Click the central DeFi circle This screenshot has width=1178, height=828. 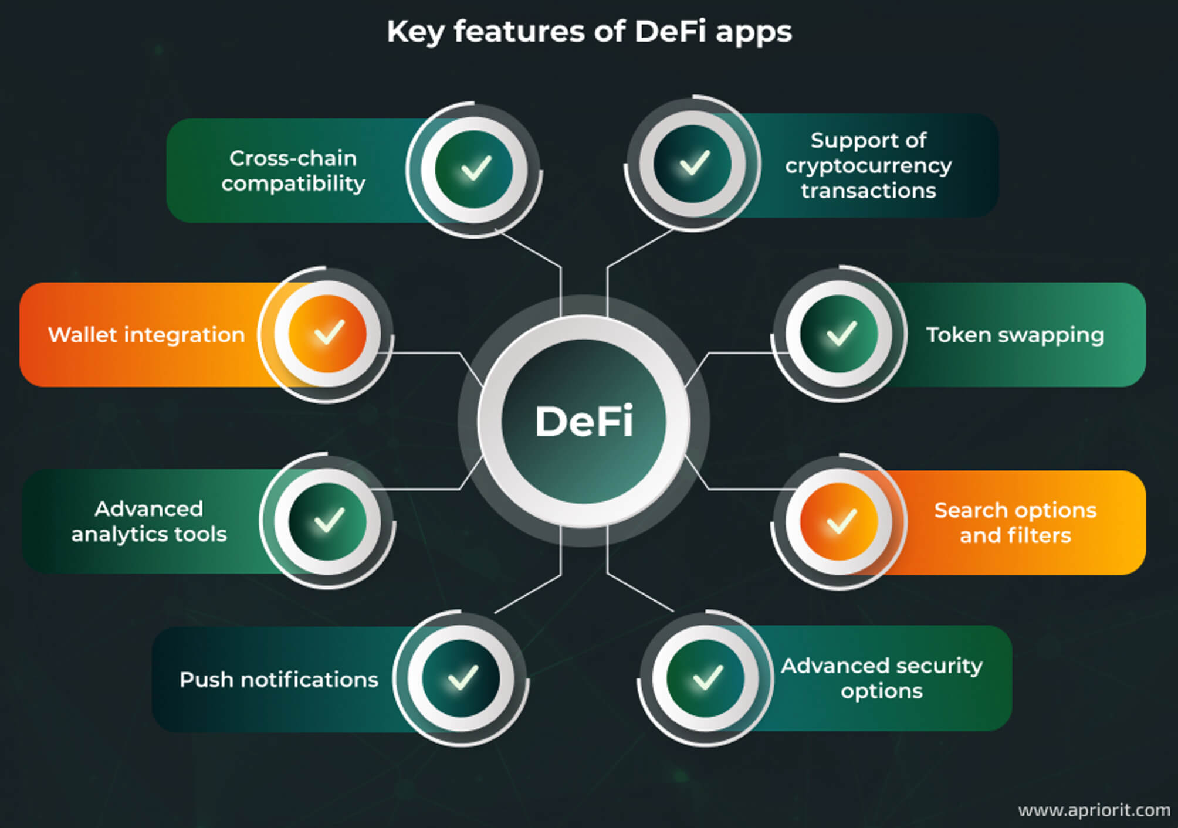click(x=584, y=421)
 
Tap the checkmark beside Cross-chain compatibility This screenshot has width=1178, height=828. click(x=475, y=168)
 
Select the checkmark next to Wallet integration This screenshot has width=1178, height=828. click(x=328, y=334)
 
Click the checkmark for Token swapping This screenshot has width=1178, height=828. click(x=840, y=334)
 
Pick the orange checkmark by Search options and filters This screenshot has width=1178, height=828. click(x=840, y=521)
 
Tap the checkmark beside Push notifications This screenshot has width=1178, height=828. click(x=462, y=678)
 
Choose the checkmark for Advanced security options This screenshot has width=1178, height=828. click(x=706, y=678)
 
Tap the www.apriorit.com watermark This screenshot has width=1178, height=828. click(x=1094, y=810)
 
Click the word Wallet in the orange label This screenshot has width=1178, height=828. click(x=83, y=335)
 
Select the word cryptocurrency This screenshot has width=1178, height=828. click(x=868, y=166)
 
